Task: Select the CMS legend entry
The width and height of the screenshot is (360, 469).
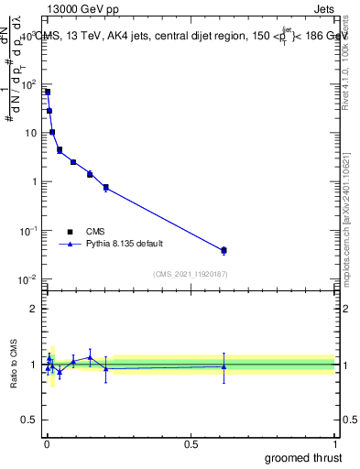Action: tap(89, 232)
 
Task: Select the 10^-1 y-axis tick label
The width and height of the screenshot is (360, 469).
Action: tap(27, 230)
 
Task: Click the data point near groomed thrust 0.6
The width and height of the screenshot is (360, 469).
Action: tap(224, 250)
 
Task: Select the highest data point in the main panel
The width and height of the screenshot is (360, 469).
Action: tap(48, 92)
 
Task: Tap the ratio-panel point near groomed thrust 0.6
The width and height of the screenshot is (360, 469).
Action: tap(224, 366)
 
